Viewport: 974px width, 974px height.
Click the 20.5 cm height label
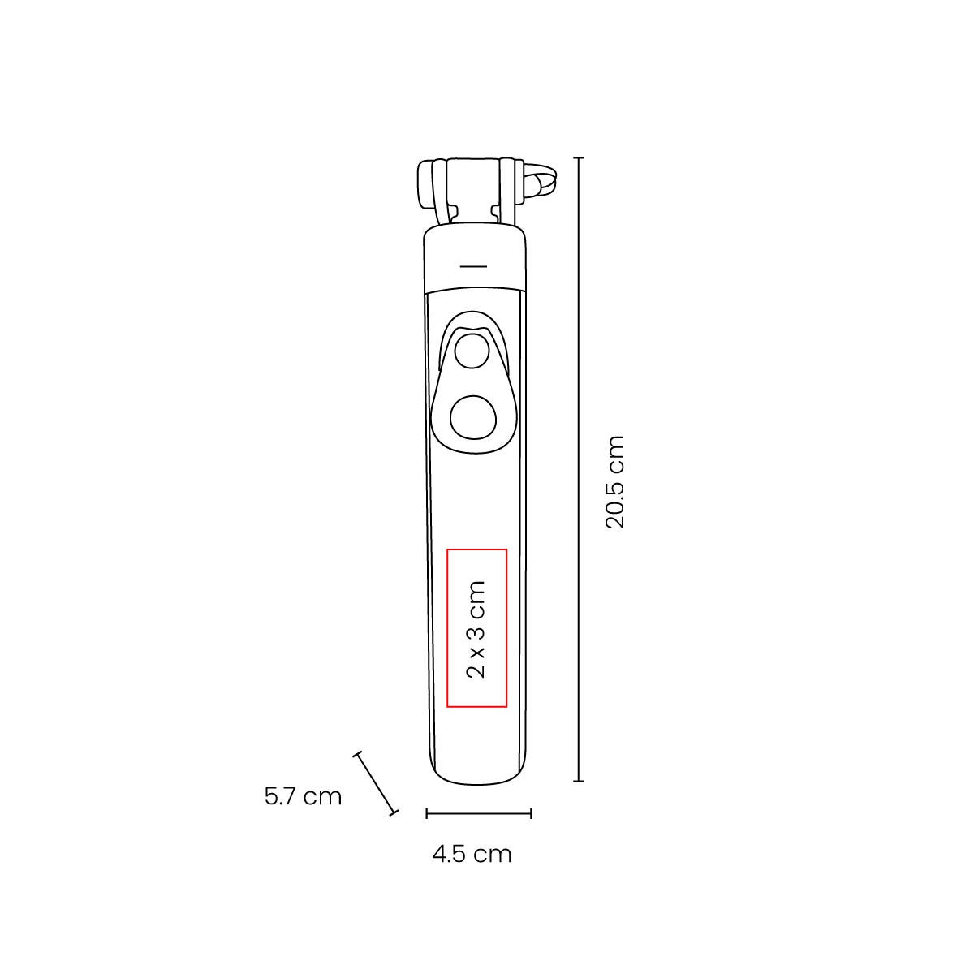(615, 481)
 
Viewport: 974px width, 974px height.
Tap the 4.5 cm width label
(472, 854)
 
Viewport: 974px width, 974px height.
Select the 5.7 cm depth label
(304, 796)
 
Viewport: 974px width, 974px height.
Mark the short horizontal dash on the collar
(474, 266)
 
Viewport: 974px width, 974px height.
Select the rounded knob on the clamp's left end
(425, 181)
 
